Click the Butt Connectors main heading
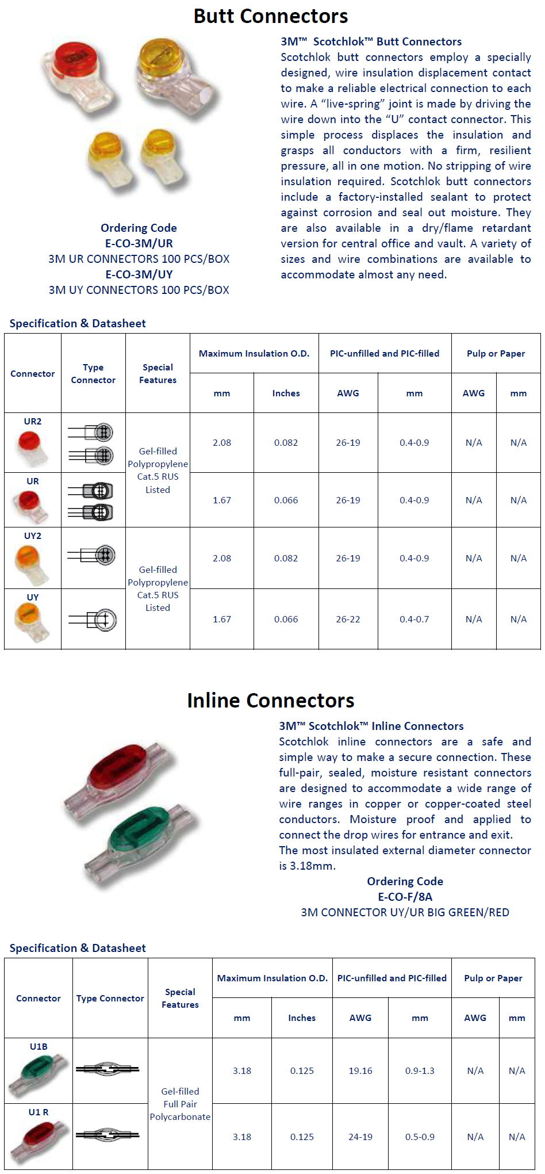pos(271,16)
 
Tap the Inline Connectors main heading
pos(270,700)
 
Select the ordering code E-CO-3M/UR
pos(139,243)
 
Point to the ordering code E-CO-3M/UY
pos(139,274)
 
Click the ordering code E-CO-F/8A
pos(405,896)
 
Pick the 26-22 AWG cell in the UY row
pos(348,619)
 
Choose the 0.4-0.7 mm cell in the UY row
pos(414,619)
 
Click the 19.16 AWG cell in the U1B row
pos(360,1070)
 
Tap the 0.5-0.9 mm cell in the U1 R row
pos(420,1137)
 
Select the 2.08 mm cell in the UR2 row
pos(221,442)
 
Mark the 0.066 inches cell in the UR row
pos(286,500)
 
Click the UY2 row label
pos(33,536)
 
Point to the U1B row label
pos(39,1046)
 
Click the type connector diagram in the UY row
pos(93,619)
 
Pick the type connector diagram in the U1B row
pos(108,1069)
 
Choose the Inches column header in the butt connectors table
pos(286,393)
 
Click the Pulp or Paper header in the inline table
pos(493,978)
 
